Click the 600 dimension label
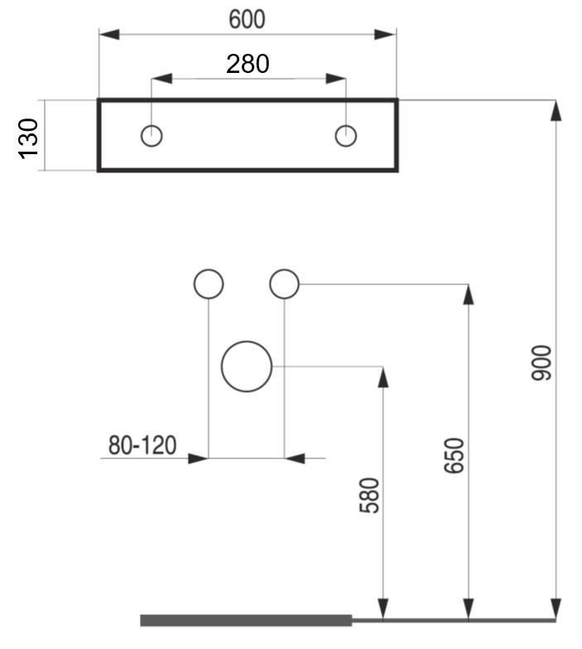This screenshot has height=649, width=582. pos(247,19)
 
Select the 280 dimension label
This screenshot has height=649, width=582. pos(248,64)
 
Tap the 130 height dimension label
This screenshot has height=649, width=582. pos(28,138)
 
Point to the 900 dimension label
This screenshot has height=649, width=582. pos(541,362)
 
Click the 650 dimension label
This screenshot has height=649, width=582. pos(454,455)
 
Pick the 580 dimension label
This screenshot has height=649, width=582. pos(369,496)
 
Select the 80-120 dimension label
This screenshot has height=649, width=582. pos(142,445)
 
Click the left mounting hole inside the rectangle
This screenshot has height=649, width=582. pos(152,125)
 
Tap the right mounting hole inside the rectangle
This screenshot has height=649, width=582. pos(346,125)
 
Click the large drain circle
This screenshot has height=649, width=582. pos(247,341)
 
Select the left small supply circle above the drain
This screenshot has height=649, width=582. pos(209,270)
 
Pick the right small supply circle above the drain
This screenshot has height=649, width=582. pos(285,270)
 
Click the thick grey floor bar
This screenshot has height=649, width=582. pos(246,621)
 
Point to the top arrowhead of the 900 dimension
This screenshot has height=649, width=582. pos(556,110)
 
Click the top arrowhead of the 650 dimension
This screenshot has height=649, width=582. pos(469,295)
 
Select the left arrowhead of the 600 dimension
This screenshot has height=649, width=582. pos(109,34)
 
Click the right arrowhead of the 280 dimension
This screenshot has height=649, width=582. pos(335,78)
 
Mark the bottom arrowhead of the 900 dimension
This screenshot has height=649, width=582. pos(556,609)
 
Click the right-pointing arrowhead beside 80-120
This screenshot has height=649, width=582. pos(199,458)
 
